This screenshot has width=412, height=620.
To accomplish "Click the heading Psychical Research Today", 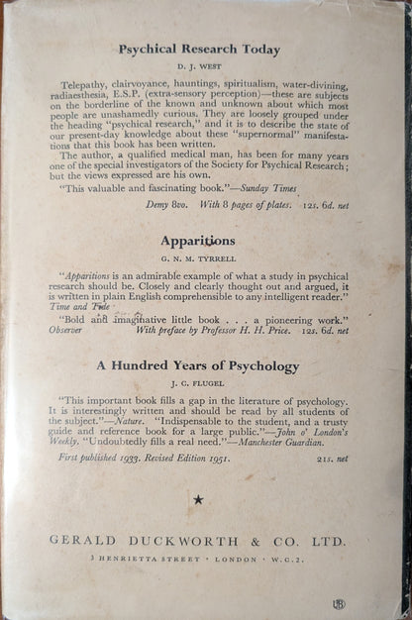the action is click(198, 49).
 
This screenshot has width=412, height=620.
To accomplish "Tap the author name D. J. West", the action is click(198, 66).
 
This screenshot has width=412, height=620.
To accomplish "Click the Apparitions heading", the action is click(198, 240).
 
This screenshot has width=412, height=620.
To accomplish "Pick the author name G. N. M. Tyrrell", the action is click(198, 258).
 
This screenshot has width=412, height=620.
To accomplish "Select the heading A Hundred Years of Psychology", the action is click(198, 365).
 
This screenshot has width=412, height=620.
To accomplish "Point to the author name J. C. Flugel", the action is click(198, 382).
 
